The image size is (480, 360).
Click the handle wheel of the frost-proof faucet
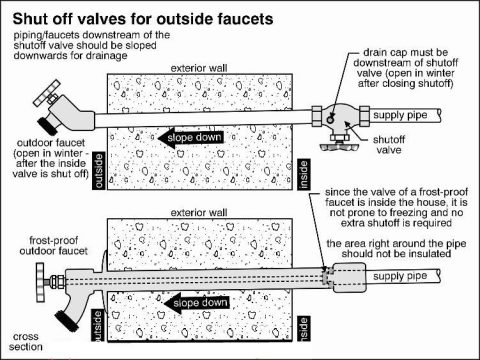coord(41,274)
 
